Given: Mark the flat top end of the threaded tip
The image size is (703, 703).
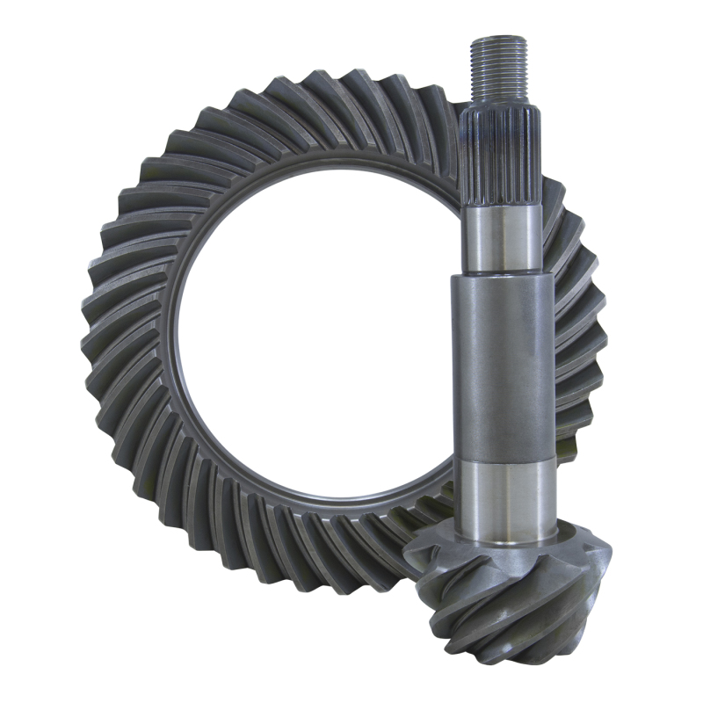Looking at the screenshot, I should pyautogui.click(x=498, y=40).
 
